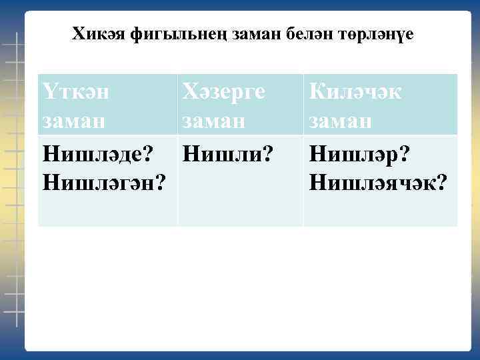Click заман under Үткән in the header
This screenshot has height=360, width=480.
(73, 121)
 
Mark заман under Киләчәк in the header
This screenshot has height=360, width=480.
(339, 121)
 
